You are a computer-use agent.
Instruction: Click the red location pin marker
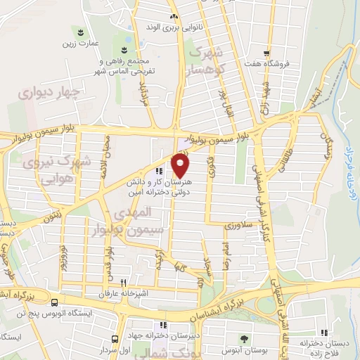181,165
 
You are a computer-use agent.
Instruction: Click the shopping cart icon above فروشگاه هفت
266,53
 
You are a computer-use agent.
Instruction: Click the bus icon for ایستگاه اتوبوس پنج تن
54,302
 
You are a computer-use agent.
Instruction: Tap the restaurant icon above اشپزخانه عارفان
123,282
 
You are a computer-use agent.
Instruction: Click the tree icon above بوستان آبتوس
243,339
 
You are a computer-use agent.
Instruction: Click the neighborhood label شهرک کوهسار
210,60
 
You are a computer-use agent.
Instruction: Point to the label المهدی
131,212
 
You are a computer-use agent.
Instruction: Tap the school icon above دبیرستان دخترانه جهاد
163,325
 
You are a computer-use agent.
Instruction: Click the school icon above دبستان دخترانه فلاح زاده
324,333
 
